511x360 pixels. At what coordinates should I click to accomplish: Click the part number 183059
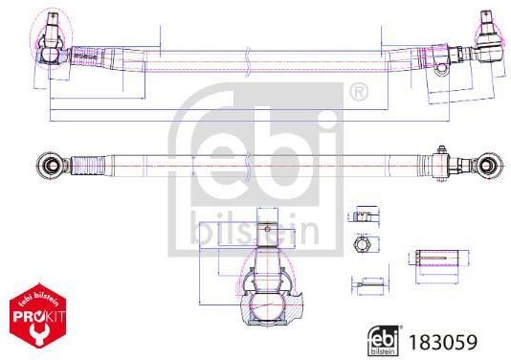point(442,342)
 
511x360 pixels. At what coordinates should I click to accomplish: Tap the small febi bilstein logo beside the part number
point(383,341)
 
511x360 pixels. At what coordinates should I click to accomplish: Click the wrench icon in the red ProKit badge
point(38,333)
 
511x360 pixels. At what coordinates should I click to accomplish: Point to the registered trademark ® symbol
point(359,92)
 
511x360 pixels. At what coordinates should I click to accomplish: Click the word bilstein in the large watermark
point(255,229)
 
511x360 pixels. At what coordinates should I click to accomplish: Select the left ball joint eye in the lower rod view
point(49,165)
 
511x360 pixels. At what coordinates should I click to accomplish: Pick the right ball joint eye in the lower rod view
point(487,166)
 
